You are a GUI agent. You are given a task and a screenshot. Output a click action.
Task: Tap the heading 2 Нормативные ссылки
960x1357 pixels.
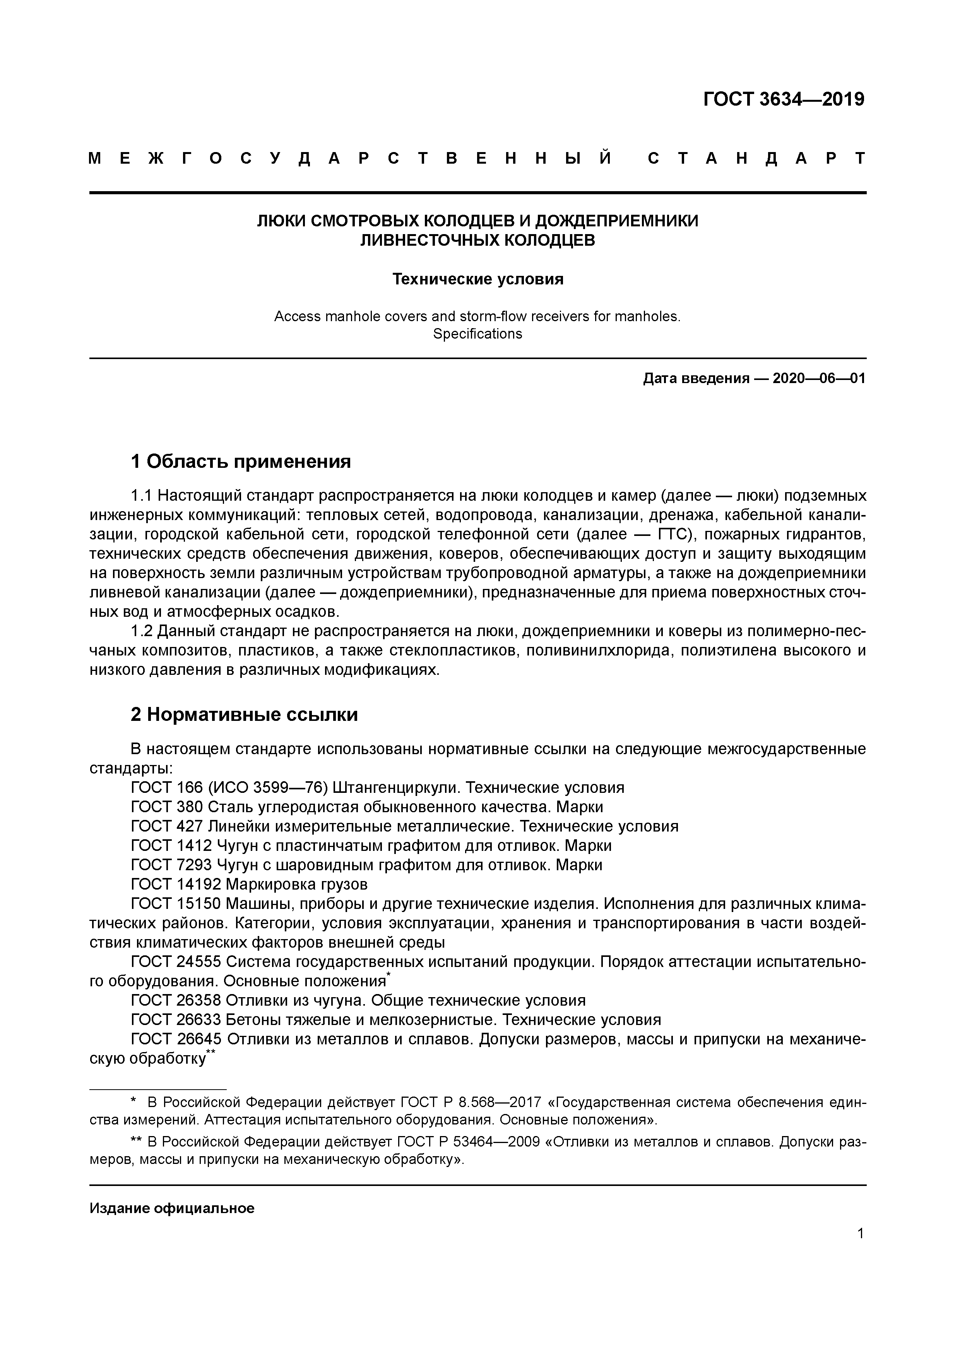click(x=244, y=715)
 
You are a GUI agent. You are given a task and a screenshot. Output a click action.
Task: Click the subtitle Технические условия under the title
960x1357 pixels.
click(x=477, y=279)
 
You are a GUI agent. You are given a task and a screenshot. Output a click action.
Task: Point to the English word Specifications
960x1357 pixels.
click(x=477, y=334)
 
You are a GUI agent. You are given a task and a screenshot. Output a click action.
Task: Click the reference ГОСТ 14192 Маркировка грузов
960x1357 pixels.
click(x=249, y=885)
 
